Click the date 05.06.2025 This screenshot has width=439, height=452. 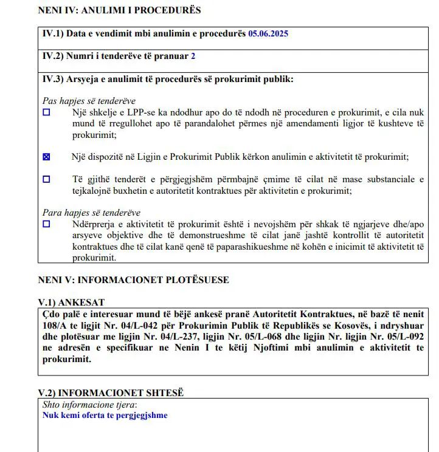tap(268, 33)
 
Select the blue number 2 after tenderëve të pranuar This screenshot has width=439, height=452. tap(193, 56)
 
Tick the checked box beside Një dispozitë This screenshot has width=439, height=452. tap(47, 157)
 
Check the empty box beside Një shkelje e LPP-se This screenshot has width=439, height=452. tap(47, 112)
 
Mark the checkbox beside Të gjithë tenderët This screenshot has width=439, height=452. tap(47, 179)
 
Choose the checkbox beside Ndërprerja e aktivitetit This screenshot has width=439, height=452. tap(47, 224)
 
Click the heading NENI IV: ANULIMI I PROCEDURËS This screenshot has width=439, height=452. tap(119, 10)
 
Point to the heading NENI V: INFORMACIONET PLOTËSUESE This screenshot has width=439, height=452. tap(133, 280)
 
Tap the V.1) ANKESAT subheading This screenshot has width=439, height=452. tap(76, 303)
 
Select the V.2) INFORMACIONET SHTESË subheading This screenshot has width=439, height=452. tap(111, 393)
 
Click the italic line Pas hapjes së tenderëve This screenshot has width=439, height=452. tap(89, 101)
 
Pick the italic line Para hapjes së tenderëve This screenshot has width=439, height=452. tap(91, 213)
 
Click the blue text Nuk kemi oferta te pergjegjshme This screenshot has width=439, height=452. tap(105, 416)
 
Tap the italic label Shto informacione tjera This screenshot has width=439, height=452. tap(89, 405)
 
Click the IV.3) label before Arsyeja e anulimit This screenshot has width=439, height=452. tap(52, 78)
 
